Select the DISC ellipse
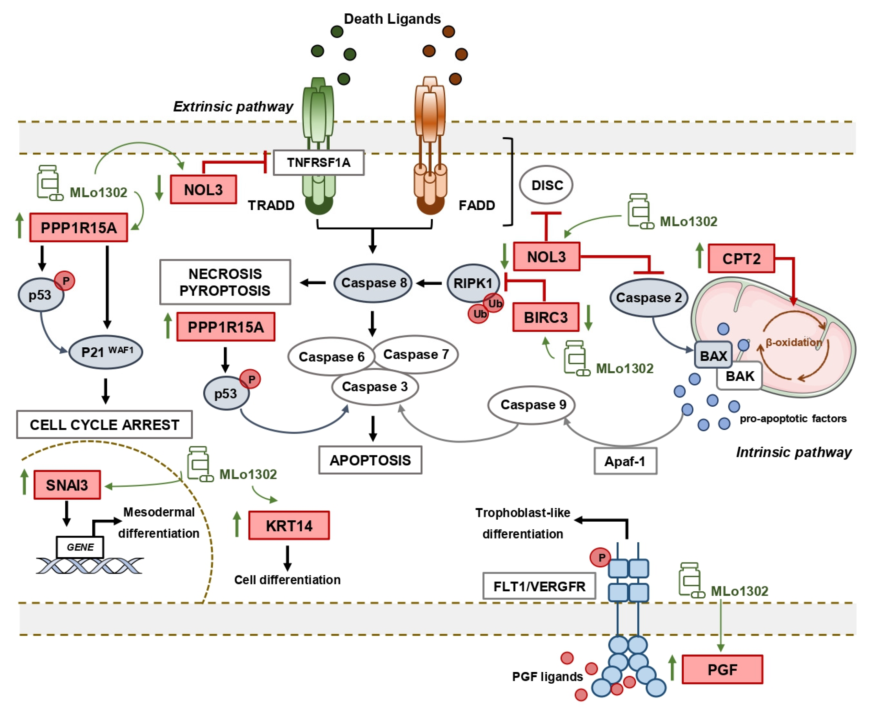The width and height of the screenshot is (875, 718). coord(546,185)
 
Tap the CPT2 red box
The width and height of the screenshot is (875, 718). coord(741,258)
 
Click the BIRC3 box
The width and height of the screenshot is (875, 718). coord(546,317)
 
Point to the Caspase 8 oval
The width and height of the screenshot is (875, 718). coord(373,283)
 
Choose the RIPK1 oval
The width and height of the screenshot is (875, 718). coord(473,283)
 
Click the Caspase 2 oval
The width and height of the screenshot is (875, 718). coord(648,297)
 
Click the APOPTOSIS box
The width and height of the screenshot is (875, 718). coord(370,460)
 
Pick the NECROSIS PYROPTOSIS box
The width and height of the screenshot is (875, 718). coord(225,282)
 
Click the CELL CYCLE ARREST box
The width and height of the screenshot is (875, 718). coord(104,424)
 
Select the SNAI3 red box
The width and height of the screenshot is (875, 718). coord(67,485)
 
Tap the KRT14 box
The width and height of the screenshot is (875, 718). coord(289,525)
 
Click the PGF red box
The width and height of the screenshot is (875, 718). coord(722,669)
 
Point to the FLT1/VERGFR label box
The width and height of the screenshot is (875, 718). coord(539,586)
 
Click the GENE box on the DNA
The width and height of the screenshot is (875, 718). coord(80,547)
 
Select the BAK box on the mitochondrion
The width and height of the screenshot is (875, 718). coord(740,376)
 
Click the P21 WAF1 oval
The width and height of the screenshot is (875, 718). coord(105,352)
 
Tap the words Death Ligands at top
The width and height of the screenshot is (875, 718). coord(392,19)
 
